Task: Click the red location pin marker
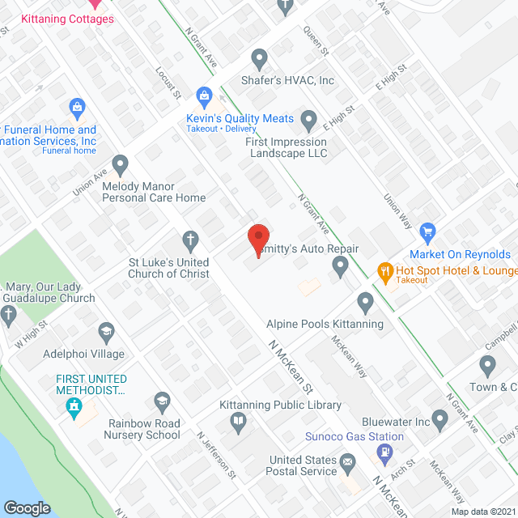click(x=257, y=240)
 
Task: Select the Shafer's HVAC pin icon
click(x=260, y=58)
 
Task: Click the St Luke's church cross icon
click(x=190, y=239)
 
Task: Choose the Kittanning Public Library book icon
click(x=238, y=419)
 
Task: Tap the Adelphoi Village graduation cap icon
click(x=105, y=331)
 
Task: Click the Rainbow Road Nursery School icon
click(x=162, y=400)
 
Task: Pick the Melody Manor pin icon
click(x=121, y=165)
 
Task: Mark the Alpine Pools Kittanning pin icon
click(x=365, y=304)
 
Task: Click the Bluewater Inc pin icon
click(x=439, y=419)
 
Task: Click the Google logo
click(x=27, y=508)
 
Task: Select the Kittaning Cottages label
click(x=67, y=19)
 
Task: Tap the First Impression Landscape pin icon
click(x=308, y=121)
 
